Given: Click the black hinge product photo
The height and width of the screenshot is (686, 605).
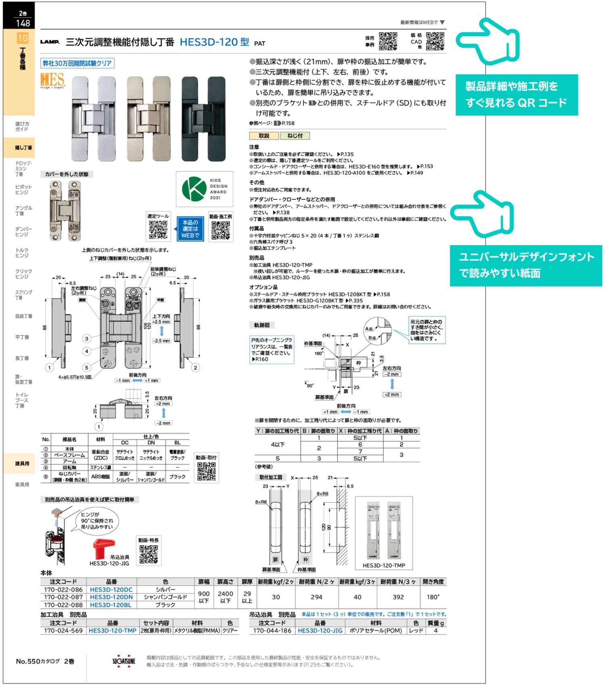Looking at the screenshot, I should pyautogui.click(x=203, y=119).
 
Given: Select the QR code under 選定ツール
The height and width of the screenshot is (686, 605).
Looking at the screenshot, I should pyautogui.click(x=158, y=229).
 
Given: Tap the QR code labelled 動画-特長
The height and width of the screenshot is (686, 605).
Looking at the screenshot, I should pyautogui.click(x=148, y=554).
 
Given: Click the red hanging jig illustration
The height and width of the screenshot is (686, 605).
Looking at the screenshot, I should pyautogui.click(x=104, y=547).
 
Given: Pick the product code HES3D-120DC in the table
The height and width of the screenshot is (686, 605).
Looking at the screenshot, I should pyautogui.click(x=111, y=590).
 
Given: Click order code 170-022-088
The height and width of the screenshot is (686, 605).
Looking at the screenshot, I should pyautogui.click(x=63, y=605).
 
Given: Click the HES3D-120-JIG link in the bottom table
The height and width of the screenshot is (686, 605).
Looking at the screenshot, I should pyautogui.click(x=320, y=631).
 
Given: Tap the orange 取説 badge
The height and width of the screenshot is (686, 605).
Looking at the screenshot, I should pyautogui.click(x=264, y=136).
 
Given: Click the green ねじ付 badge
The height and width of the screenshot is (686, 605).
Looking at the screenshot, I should pyautogui.click(x=295, y=136).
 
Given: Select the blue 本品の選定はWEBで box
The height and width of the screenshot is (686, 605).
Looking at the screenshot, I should pyautogui.click(x=190, y=229).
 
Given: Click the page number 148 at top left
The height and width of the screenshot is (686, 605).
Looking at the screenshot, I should pyautogui.click(x=23, y=23).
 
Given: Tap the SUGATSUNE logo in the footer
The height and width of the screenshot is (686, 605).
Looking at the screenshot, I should pyautogui.click(x=124, y=661).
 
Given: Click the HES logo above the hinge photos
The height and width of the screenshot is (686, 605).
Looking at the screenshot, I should pyautogui.click(x=52, y=81).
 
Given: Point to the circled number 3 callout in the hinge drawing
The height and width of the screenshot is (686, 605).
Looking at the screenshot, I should pyautogui.click(x=87, y=338).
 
